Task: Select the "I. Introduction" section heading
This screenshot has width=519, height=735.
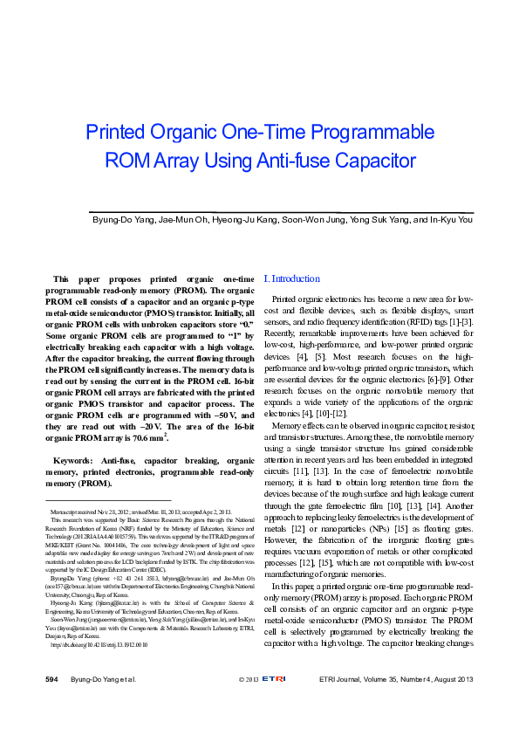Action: (x=291, y=278)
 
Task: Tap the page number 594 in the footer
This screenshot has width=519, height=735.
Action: (x=52, y=704)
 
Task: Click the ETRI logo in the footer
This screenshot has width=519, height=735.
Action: (x=276, y=704)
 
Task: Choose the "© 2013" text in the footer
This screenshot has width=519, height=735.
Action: (x=249, y=704)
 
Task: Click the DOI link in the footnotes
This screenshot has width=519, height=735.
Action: (x=99, y=670)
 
